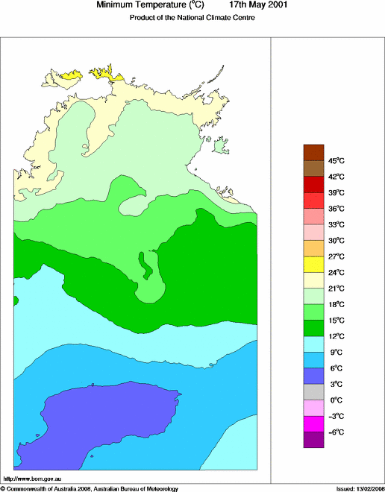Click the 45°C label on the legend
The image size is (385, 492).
(x=337, y=161)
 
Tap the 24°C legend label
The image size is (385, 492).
(x=337, y=272)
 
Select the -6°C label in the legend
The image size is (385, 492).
(x=337, y=432)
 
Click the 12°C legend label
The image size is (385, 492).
(x=337, y=336)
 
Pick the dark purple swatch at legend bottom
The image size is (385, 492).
(x=313, y=440)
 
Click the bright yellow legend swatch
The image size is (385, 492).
(x=313, y=264)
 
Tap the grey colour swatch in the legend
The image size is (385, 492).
(x=313, y=392)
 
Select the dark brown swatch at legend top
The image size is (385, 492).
(x=313, y=152)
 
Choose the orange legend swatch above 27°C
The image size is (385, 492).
(x=313, y=248)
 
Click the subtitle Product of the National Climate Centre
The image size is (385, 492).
(x=192, y=18)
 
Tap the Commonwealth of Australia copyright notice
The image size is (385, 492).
(x=90, y=488)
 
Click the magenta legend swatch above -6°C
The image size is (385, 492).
(x=313, y=424)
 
